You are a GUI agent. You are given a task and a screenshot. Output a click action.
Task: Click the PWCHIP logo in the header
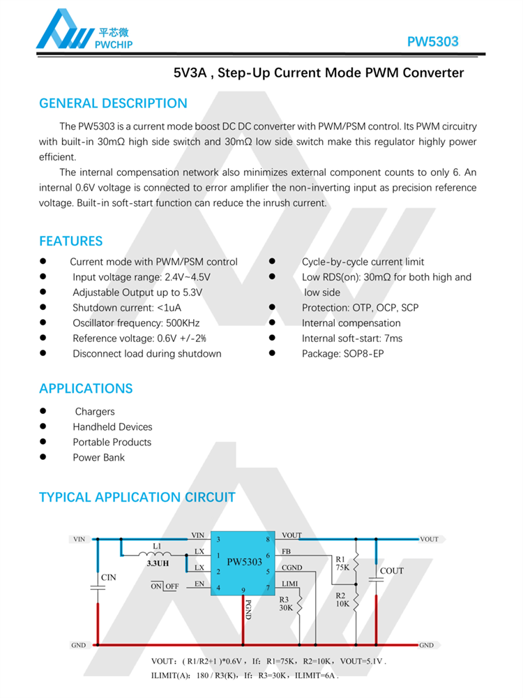coord(84,31)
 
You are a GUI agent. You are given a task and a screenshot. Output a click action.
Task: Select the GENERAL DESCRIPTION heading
coord(113,103)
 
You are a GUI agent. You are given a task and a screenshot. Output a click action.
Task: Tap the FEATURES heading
coord(70,241)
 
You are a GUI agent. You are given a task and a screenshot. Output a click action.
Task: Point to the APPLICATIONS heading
coord(86,388)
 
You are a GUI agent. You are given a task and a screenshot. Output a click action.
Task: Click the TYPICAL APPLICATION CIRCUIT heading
coord(137,497)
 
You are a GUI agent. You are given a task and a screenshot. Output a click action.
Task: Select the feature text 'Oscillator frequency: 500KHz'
coord(136,323)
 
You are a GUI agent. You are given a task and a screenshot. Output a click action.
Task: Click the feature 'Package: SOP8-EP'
coord(342,354)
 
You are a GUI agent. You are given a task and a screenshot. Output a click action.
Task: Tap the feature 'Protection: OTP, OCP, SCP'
coord(360,308)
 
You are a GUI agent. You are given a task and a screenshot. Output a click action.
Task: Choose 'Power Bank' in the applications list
coord(98,458)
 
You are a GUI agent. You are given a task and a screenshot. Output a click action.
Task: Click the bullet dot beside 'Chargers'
coord(43,411)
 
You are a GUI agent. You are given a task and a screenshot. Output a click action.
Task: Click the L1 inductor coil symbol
coord(158,555)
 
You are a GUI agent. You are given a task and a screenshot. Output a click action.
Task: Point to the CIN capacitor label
coord(108,577)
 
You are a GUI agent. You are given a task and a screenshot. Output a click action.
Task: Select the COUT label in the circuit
coord(391,571)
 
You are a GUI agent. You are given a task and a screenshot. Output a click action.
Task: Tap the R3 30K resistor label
coord(286,603)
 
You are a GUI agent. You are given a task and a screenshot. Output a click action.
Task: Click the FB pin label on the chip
coord(286,551)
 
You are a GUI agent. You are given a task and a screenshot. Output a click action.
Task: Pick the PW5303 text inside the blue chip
coord(244,562)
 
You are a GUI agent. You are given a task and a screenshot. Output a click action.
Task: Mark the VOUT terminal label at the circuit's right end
coord(429,539)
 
